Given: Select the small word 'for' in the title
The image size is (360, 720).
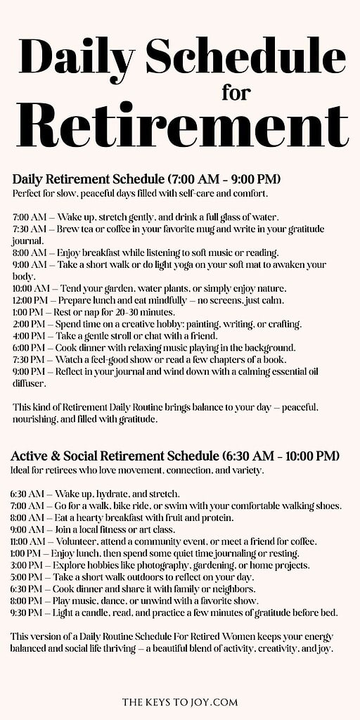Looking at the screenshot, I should pos(236,92).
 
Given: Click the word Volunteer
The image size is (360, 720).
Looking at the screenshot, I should pos(83,541).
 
